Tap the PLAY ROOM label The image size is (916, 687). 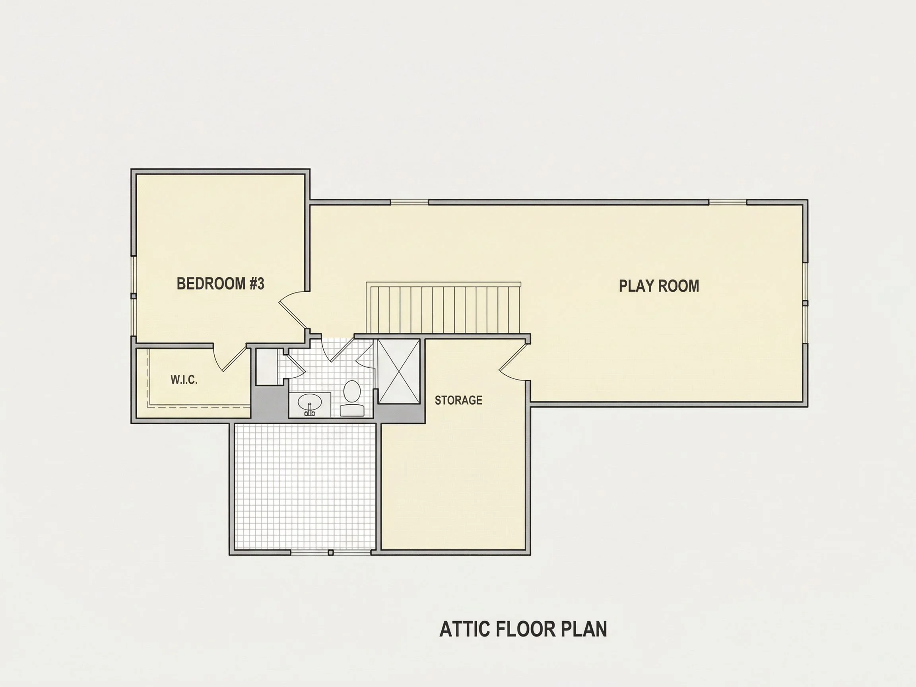coord(659,286)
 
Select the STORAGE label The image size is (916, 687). coord(458,400)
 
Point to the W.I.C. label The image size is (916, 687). coord(184,380)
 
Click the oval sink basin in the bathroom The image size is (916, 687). coord(310,401)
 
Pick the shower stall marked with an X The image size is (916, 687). coord(398,371)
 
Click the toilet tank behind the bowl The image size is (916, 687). coord(352,410)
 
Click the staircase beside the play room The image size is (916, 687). coord(443,308)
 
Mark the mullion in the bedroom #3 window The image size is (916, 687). coord(133,296)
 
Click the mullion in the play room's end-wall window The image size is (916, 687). coord(805,303)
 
